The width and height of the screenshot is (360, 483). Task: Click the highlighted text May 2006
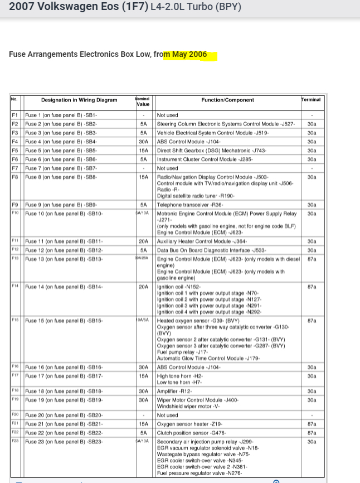189,55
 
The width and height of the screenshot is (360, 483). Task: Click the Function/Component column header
227,100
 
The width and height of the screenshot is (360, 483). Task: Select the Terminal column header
310,100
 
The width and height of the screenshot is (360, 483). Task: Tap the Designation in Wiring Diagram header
79,100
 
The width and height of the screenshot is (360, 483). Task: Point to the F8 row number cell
15,177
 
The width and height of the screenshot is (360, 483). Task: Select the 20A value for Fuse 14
143,287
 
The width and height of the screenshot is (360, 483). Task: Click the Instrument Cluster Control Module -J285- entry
197,160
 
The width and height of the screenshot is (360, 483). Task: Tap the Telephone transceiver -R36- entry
188,205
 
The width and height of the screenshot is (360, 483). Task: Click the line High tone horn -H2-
180,376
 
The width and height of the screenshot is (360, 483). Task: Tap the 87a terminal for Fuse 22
312,433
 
